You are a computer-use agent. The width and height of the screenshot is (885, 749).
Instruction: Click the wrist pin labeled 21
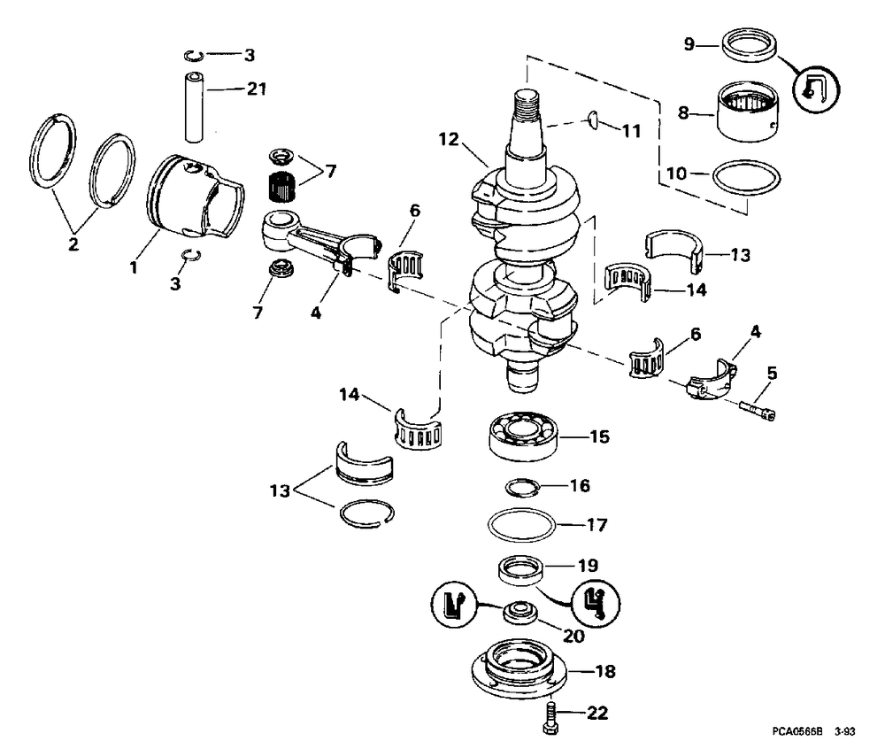(x=194, y=106)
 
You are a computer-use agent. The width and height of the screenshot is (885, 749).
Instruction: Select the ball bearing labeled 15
(x=523, y=436)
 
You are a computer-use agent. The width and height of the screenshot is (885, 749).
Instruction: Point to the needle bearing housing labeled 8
(x=748, y=112)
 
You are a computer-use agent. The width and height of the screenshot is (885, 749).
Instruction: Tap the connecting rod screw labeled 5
(x=758, y=410)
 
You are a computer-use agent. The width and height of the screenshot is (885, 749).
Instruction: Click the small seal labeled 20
(x=519, y=613)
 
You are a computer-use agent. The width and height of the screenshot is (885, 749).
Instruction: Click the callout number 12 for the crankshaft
(x=449, y=139)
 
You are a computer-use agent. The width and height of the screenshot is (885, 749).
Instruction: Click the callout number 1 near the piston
(x=134, y=267)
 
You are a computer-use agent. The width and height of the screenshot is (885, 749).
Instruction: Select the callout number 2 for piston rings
(x=73, y=244)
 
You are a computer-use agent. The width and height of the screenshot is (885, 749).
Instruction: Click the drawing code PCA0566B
(x=797, y=732)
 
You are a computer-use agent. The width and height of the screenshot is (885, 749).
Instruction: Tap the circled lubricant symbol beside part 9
(x=816, y=89)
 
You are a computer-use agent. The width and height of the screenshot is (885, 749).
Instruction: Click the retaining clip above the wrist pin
(x=194, y=55)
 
